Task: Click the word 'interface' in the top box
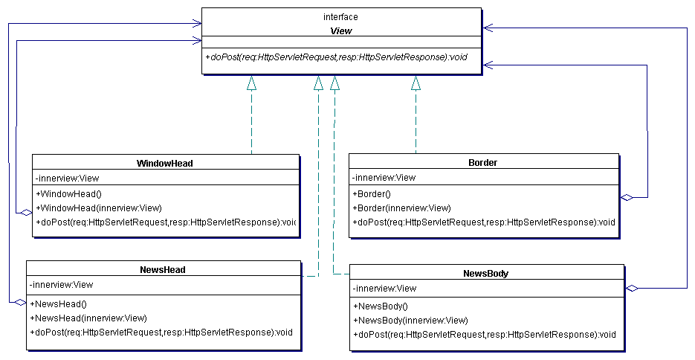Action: pos(340,16)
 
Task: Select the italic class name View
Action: pos(340,30)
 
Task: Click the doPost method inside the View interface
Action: pos(335,57)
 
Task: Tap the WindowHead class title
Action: pos(165,163)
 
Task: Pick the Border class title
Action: pos(482,162)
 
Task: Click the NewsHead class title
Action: pos(162,269)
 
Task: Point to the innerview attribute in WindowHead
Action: pos(67,178)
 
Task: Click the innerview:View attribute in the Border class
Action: pos(384,177)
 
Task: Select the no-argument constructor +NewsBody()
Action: pos(380,306)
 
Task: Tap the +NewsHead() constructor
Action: pos(59,303)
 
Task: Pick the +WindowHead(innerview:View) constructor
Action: pos(98,208)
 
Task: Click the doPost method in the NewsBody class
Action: pos(484,335)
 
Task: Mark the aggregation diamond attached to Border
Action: pos(627,197)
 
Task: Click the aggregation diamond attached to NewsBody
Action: pos(632,288)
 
